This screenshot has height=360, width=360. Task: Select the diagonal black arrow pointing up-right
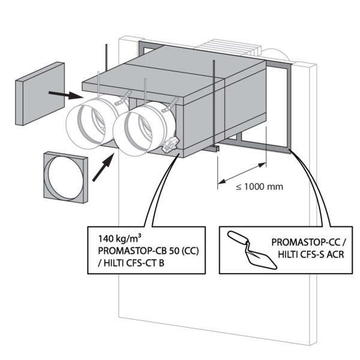pos(104,166)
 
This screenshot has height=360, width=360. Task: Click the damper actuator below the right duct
pos(172,145)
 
